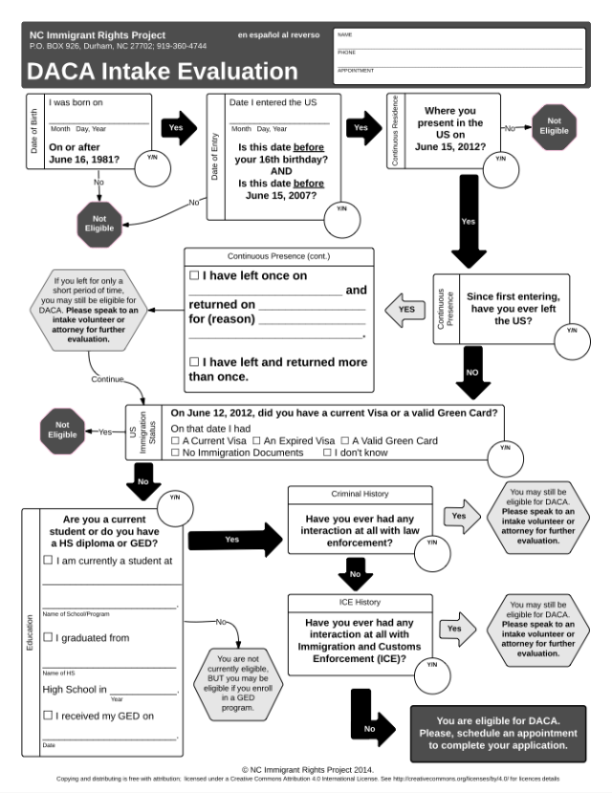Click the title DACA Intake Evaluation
[x=163, y=71]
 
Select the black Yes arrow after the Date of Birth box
[x=176, y=127]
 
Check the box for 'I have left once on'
[x=194, y=275]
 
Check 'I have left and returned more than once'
[x=194, y=361]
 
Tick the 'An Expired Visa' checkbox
[x=256, y=440]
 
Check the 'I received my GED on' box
[x=48, y=715]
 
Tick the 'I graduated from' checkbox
[x=48, y=637]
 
